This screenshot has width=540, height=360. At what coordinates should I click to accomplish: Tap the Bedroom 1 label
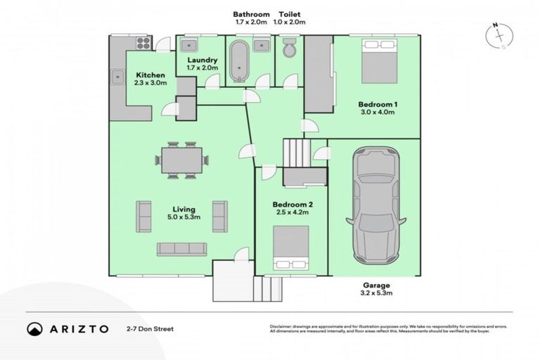click(x=377, y=103)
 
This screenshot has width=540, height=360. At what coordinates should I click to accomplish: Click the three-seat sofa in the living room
click(x=181, y=248)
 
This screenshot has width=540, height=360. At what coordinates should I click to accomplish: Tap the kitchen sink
click(x=117, y=76)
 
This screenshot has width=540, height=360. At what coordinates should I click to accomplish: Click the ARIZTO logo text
click(x=77, y=328)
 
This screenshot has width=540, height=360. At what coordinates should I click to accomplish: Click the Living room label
click(x=185, y=209)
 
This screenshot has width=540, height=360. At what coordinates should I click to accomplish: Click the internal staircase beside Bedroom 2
click(x=296, y=152)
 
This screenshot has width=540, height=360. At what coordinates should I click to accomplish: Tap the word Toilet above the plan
click(x=291, y=14)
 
